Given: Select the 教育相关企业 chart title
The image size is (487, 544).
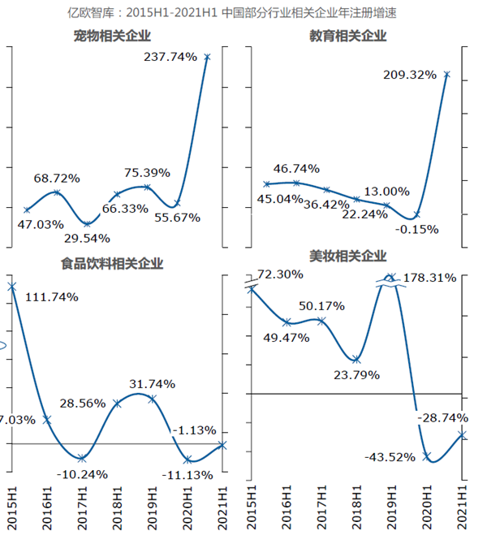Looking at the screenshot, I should (347, 36).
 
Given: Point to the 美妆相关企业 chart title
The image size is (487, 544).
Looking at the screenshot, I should (347, 256).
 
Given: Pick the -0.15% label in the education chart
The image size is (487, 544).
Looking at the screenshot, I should (418, 230).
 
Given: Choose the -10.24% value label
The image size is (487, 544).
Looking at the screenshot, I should (84, 475).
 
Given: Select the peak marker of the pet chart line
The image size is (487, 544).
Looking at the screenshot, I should (208, 57).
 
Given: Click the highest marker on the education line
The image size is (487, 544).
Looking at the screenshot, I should (447, 75).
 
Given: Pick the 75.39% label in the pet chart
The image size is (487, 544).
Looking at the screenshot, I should (147, 172).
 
